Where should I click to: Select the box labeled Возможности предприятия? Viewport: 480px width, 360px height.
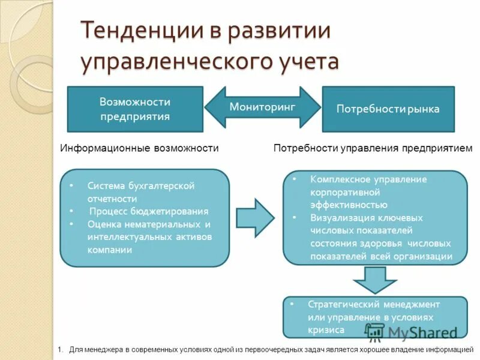click(134, 109)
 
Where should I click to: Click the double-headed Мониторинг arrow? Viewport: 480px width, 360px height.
click(263, 107)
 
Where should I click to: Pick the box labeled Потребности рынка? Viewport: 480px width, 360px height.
click(388, 109)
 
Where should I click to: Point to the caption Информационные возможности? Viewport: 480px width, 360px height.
click(139, 148)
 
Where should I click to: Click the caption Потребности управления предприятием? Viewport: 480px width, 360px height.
click(373, 148)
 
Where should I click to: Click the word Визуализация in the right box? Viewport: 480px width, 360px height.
click(341, 218)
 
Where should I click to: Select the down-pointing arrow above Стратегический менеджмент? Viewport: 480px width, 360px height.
click(374, 279)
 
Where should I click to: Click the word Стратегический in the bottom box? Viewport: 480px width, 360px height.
click(341, 304)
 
